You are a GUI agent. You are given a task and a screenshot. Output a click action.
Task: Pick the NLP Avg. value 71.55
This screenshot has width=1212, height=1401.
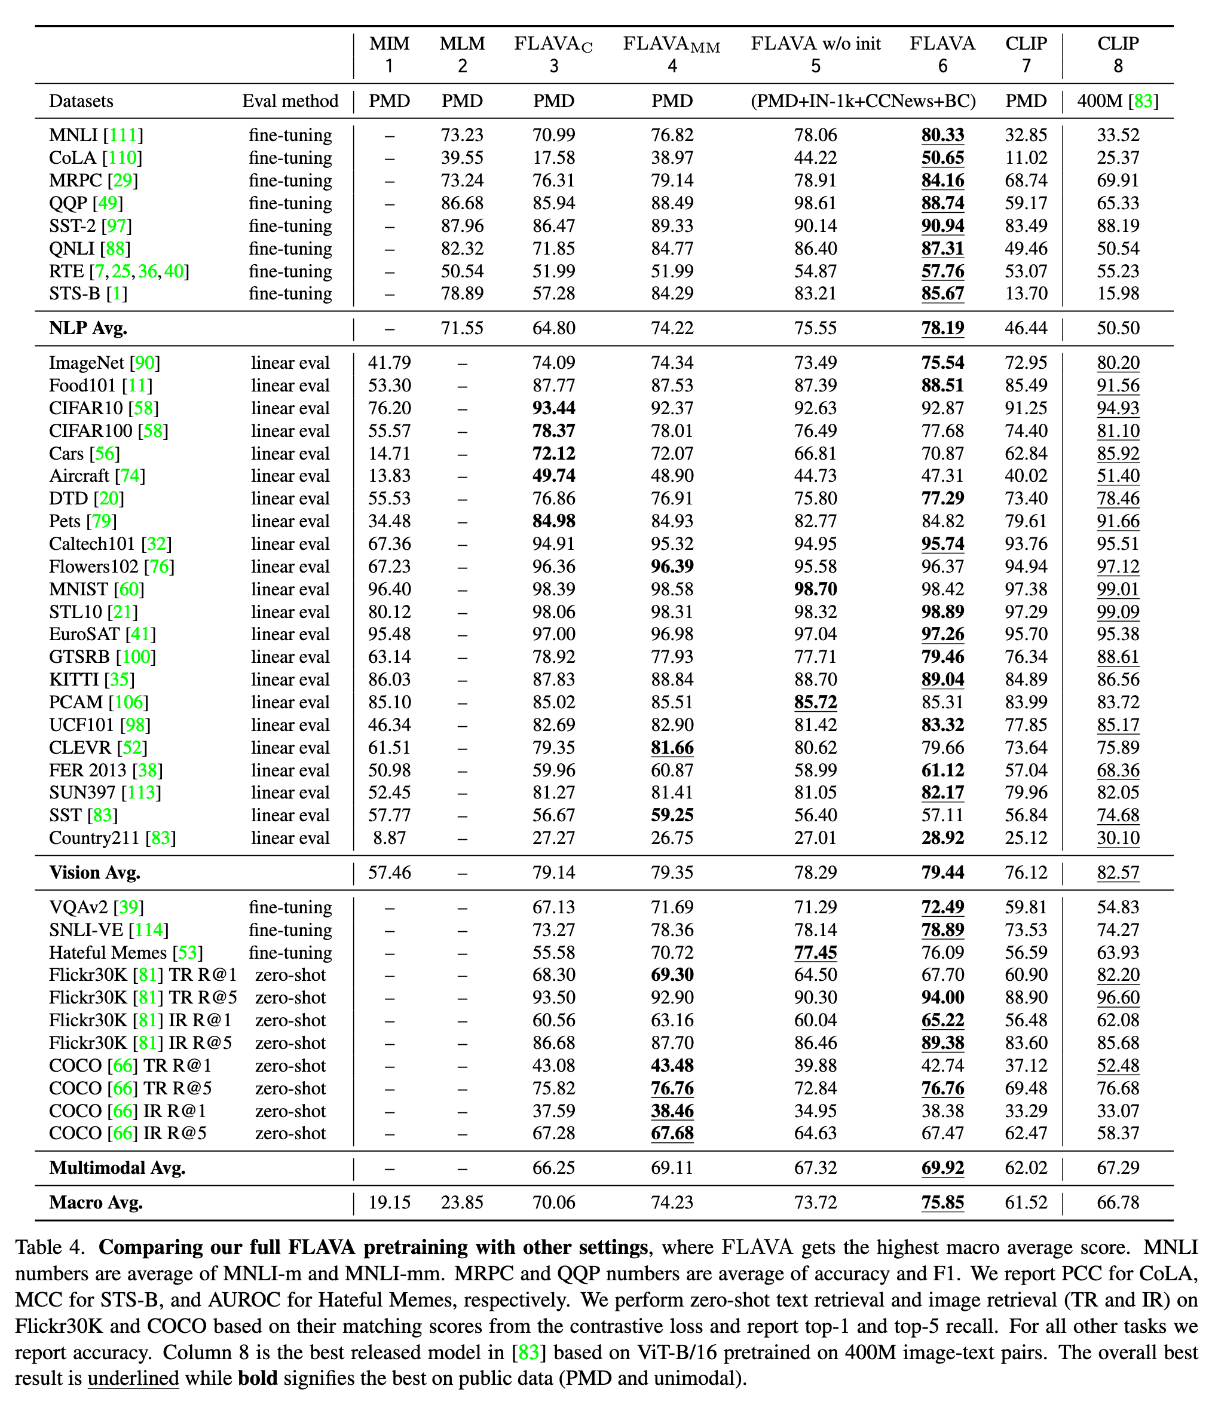[462, 328]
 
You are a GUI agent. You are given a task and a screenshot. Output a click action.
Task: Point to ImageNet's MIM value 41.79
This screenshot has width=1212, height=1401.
[389, 363]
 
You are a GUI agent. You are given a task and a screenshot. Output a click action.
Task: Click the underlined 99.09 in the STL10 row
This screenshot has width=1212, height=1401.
[1118, 611]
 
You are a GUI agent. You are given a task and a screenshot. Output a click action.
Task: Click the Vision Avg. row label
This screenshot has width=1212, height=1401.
[94, 873]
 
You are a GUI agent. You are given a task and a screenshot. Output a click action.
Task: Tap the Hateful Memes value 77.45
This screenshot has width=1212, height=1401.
[815, 953]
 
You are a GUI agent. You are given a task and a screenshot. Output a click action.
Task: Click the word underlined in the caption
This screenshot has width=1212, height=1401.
[133, 1378]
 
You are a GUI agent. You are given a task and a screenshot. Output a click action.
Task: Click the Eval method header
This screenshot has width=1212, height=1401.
[290, 102]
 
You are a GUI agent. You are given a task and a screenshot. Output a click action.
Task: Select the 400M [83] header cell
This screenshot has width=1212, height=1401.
[1118, 102]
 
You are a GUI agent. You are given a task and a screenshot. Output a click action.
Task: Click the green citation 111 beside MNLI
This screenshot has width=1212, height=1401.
[123, 135]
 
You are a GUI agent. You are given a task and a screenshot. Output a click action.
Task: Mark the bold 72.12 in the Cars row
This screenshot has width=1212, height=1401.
[553, 453]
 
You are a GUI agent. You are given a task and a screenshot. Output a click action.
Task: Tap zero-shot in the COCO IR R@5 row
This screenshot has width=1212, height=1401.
[290, 1133]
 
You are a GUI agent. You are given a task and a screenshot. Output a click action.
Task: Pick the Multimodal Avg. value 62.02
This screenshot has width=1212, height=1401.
[1026, 1168]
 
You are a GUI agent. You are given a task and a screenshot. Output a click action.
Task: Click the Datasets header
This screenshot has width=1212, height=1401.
[81, 102]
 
